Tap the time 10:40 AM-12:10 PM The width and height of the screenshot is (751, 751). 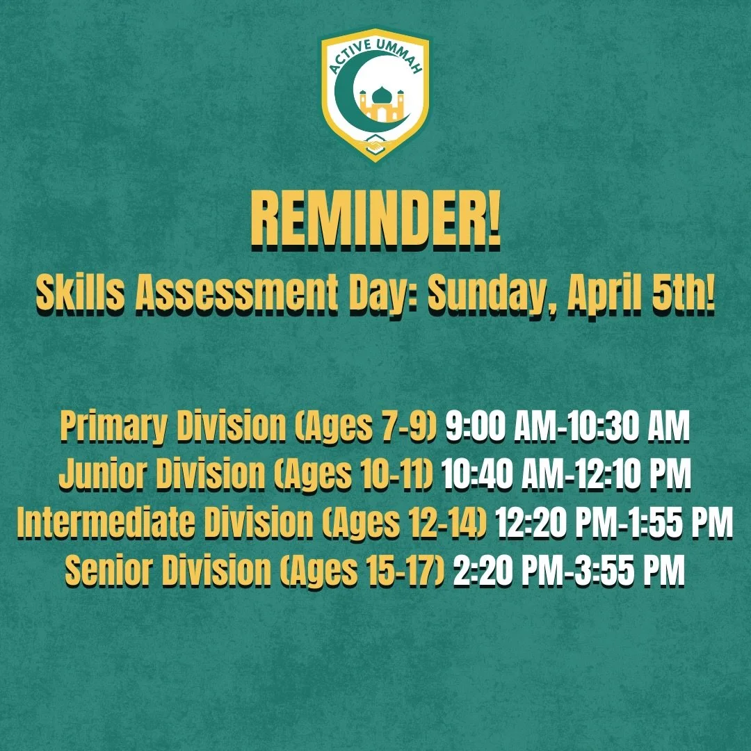tap(567, 476)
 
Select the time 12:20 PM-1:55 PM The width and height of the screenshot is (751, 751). tap(615, 525)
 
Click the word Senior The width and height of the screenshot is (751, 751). tap(108, 572)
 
